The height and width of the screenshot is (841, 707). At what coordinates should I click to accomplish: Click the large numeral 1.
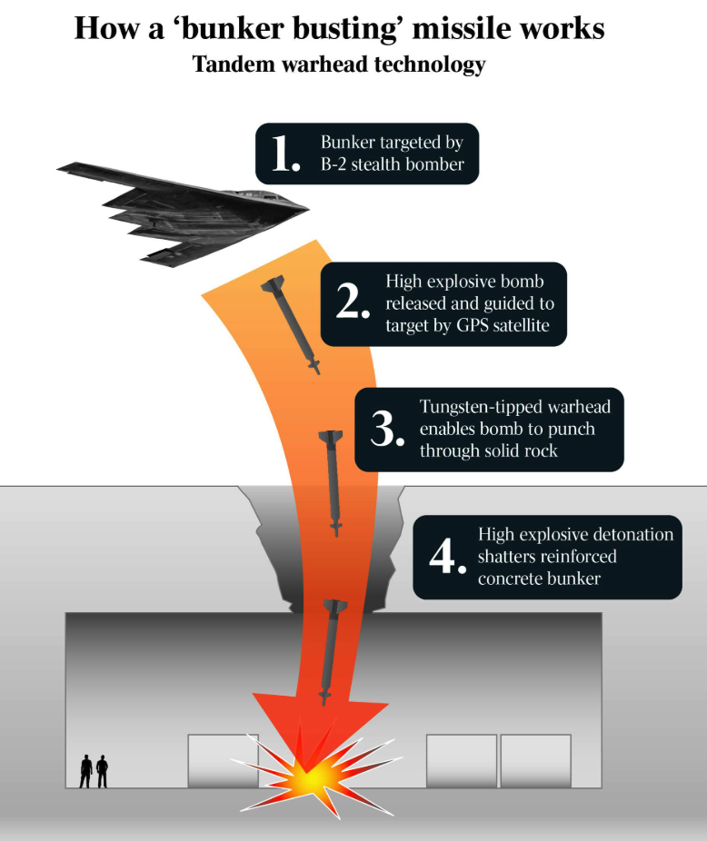(x=284, y=153)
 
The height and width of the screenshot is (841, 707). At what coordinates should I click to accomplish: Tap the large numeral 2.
(x=351, y=303)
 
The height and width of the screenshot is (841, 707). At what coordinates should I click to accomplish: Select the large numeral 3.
(x=386, y=429)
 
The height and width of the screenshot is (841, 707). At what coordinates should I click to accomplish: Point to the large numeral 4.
(x=446, y=556)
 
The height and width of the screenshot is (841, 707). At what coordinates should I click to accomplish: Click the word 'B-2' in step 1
(x=336, y=164)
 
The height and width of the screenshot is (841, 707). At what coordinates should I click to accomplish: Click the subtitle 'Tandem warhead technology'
(x=339, y=65)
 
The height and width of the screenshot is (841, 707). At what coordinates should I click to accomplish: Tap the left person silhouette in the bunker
(x=86, y=771)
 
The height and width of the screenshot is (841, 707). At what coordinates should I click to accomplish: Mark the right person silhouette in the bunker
(x=102, y=771)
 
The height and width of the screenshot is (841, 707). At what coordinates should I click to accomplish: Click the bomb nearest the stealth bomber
(x=293, y=325)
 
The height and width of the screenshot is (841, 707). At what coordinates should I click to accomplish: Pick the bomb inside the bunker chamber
(x=330, y=649)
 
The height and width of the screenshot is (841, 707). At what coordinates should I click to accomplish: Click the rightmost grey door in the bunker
(x=535, y=760)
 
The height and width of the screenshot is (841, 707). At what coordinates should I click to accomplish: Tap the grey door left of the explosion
(x=223, y=760)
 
